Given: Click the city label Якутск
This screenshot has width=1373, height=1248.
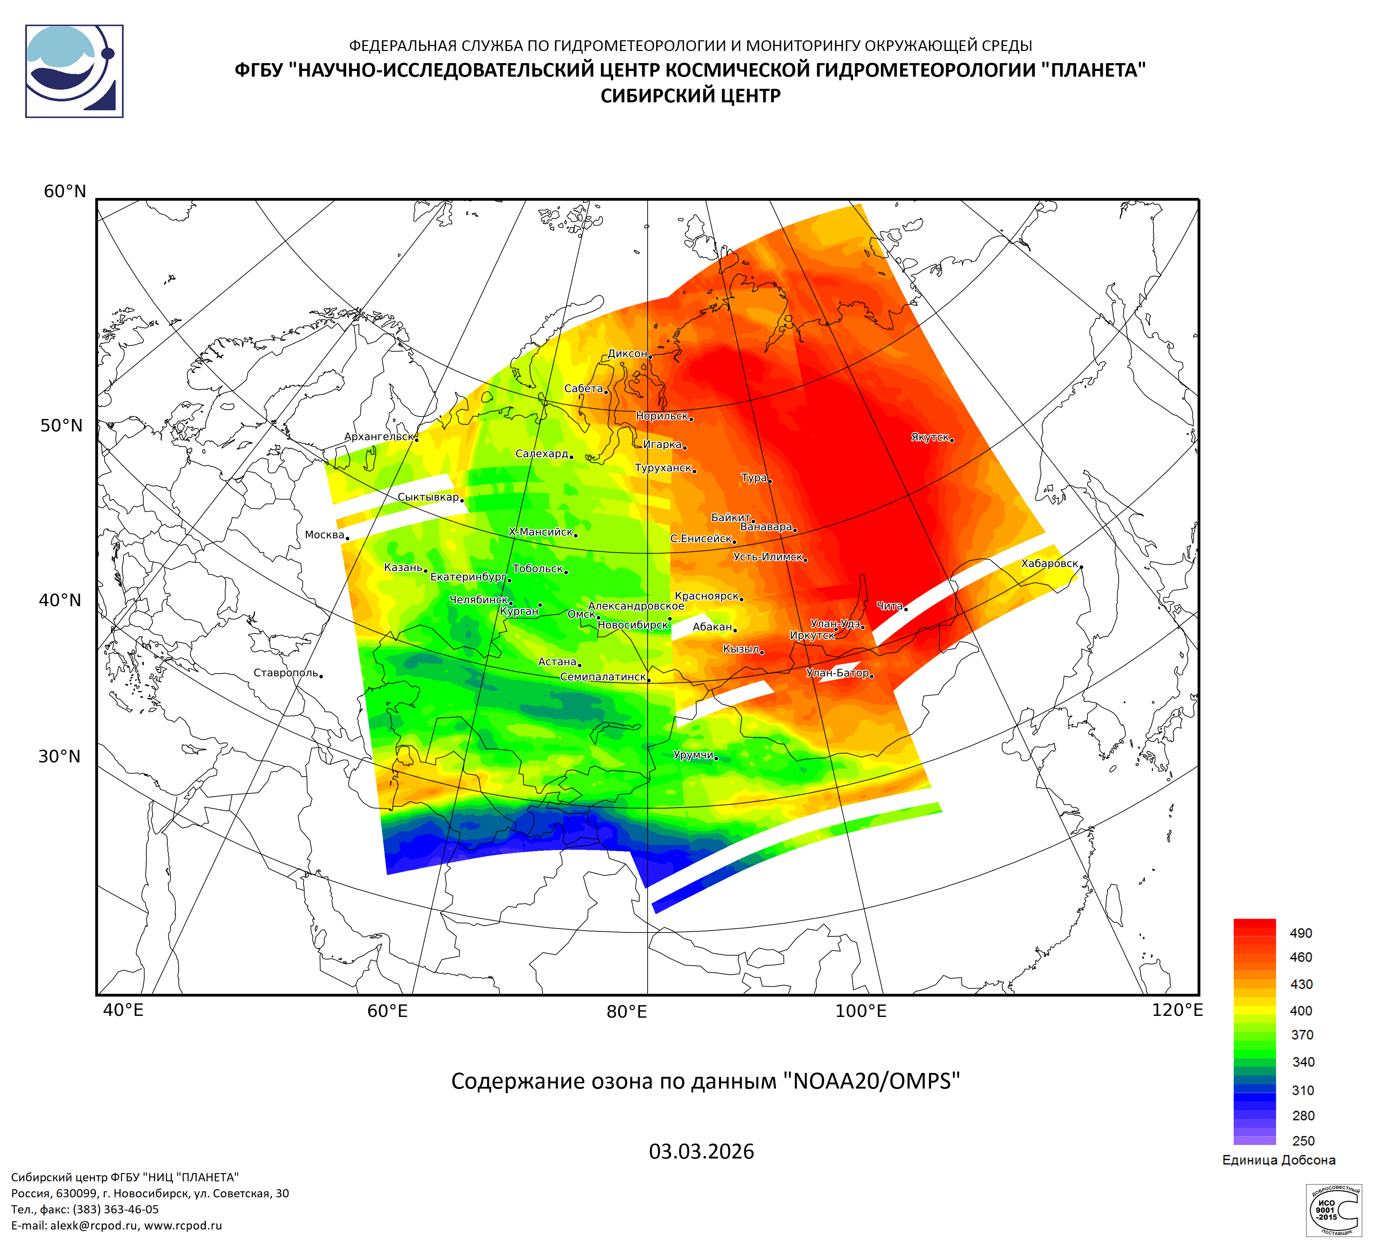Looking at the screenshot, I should coord(930,437).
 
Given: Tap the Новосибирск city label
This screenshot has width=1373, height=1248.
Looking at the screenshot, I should coord(633,624).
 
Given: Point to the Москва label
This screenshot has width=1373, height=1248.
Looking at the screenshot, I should coord(324,535).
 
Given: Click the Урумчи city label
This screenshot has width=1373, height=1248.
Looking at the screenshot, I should coord(693,755).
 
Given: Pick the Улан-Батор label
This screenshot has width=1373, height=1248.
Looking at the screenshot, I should coord(837,673).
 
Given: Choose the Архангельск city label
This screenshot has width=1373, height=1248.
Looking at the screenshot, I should coord(379,436).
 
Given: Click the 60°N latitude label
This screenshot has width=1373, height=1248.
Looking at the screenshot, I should coord(65,191).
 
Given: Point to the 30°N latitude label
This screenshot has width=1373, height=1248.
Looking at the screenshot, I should coord(59,756).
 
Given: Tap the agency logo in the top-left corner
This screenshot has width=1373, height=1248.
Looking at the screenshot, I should coord(74,71).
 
